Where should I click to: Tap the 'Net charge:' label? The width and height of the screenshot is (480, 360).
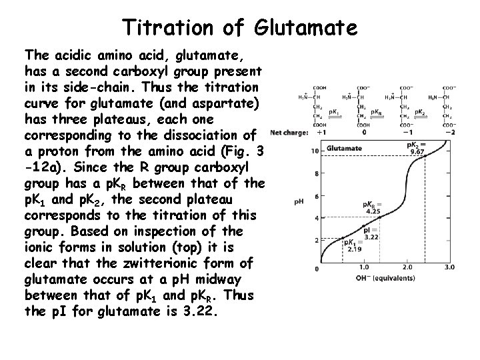pyautogui.click(x=291, y=132)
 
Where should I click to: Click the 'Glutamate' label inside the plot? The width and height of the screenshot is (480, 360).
pyautogui.click(x=345, y=148)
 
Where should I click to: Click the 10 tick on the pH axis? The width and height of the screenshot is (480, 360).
pyautogui.click(x=297, y=153)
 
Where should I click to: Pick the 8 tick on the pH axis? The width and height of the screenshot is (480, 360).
pyautogui.click(x=298, y=175)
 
